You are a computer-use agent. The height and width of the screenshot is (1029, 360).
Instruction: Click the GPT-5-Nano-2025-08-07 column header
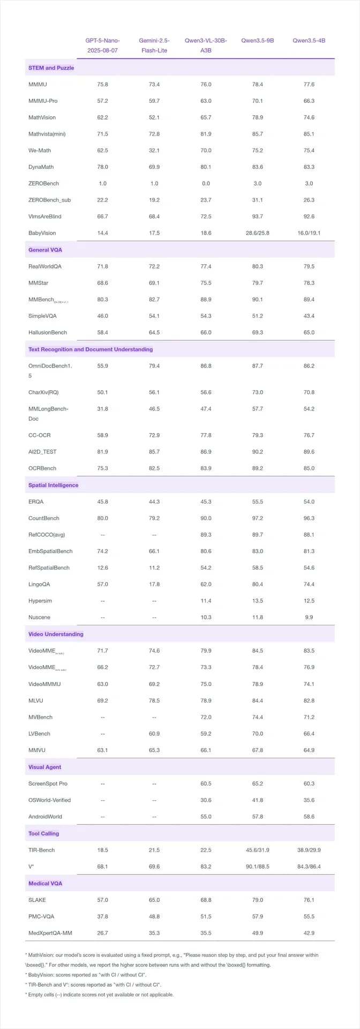(x=102, y=45)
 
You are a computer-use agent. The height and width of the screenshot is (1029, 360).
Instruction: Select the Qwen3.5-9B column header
(x=257, y=40)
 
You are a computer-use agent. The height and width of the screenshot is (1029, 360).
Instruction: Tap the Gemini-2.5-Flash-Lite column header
(x=154, y=45)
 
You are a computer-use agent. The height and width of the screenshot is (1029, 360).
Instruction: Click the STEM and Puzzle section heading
(x=51, y=68)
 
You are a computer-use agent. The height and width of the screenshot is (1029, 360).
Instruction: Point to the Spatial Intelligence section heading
(x=53, y=485)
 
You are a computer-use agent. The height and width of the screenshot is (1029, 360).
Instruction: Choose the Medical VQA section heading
(x=45, y=883)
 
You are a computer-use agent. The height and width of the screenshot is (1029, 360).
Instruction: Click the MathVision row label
(x=42, y=117)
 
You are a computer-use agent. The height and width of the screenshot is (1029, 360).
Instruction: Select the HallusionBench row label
(x=48, y=332)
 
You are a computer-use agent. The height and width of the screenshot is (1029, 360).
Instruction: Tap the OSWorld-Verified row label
(x=49, y=800)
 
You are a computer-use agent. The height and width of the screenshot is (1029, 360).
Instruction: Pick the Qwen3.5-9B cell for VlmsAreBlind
(x=257, y=217)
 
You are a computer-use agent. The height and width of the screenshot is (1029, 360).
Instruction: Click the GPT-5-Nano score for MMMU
(x=102, y=85)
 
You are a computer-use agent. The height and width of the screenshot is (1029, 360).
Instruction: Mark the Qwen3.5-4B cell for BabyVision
(x=309, y=233)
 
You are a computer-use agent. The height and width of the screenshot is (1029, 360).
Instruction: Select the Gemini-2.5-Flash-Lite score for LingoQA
(x=154, y=584)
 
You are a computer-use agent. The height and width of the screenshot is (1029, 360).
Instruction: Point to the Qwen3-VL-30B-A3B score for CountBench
(x=206, y=518)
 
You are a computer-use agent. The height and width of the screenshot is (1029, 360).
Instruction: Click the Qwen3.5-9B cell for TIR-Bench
(x=257, y=850)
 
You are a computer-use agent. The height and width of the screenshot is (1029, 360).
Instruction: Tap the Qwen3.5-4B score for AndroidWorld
(x=309, y=817)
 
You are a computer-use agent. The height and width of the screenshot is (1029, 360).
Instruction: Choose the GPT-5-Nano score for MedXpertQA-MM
(x=102, y=933)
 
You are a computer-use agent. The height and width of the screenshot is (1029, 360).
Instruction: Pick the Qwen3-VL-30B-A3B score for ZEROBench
(x=206, y=183)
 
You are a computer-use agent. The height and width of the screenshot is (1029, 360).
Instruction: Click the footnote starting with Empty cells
(x=99, y=995)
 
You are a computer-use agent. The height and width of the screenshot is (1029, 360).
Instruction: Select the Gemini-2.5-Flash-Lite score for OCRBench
(x=154, y=468)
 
